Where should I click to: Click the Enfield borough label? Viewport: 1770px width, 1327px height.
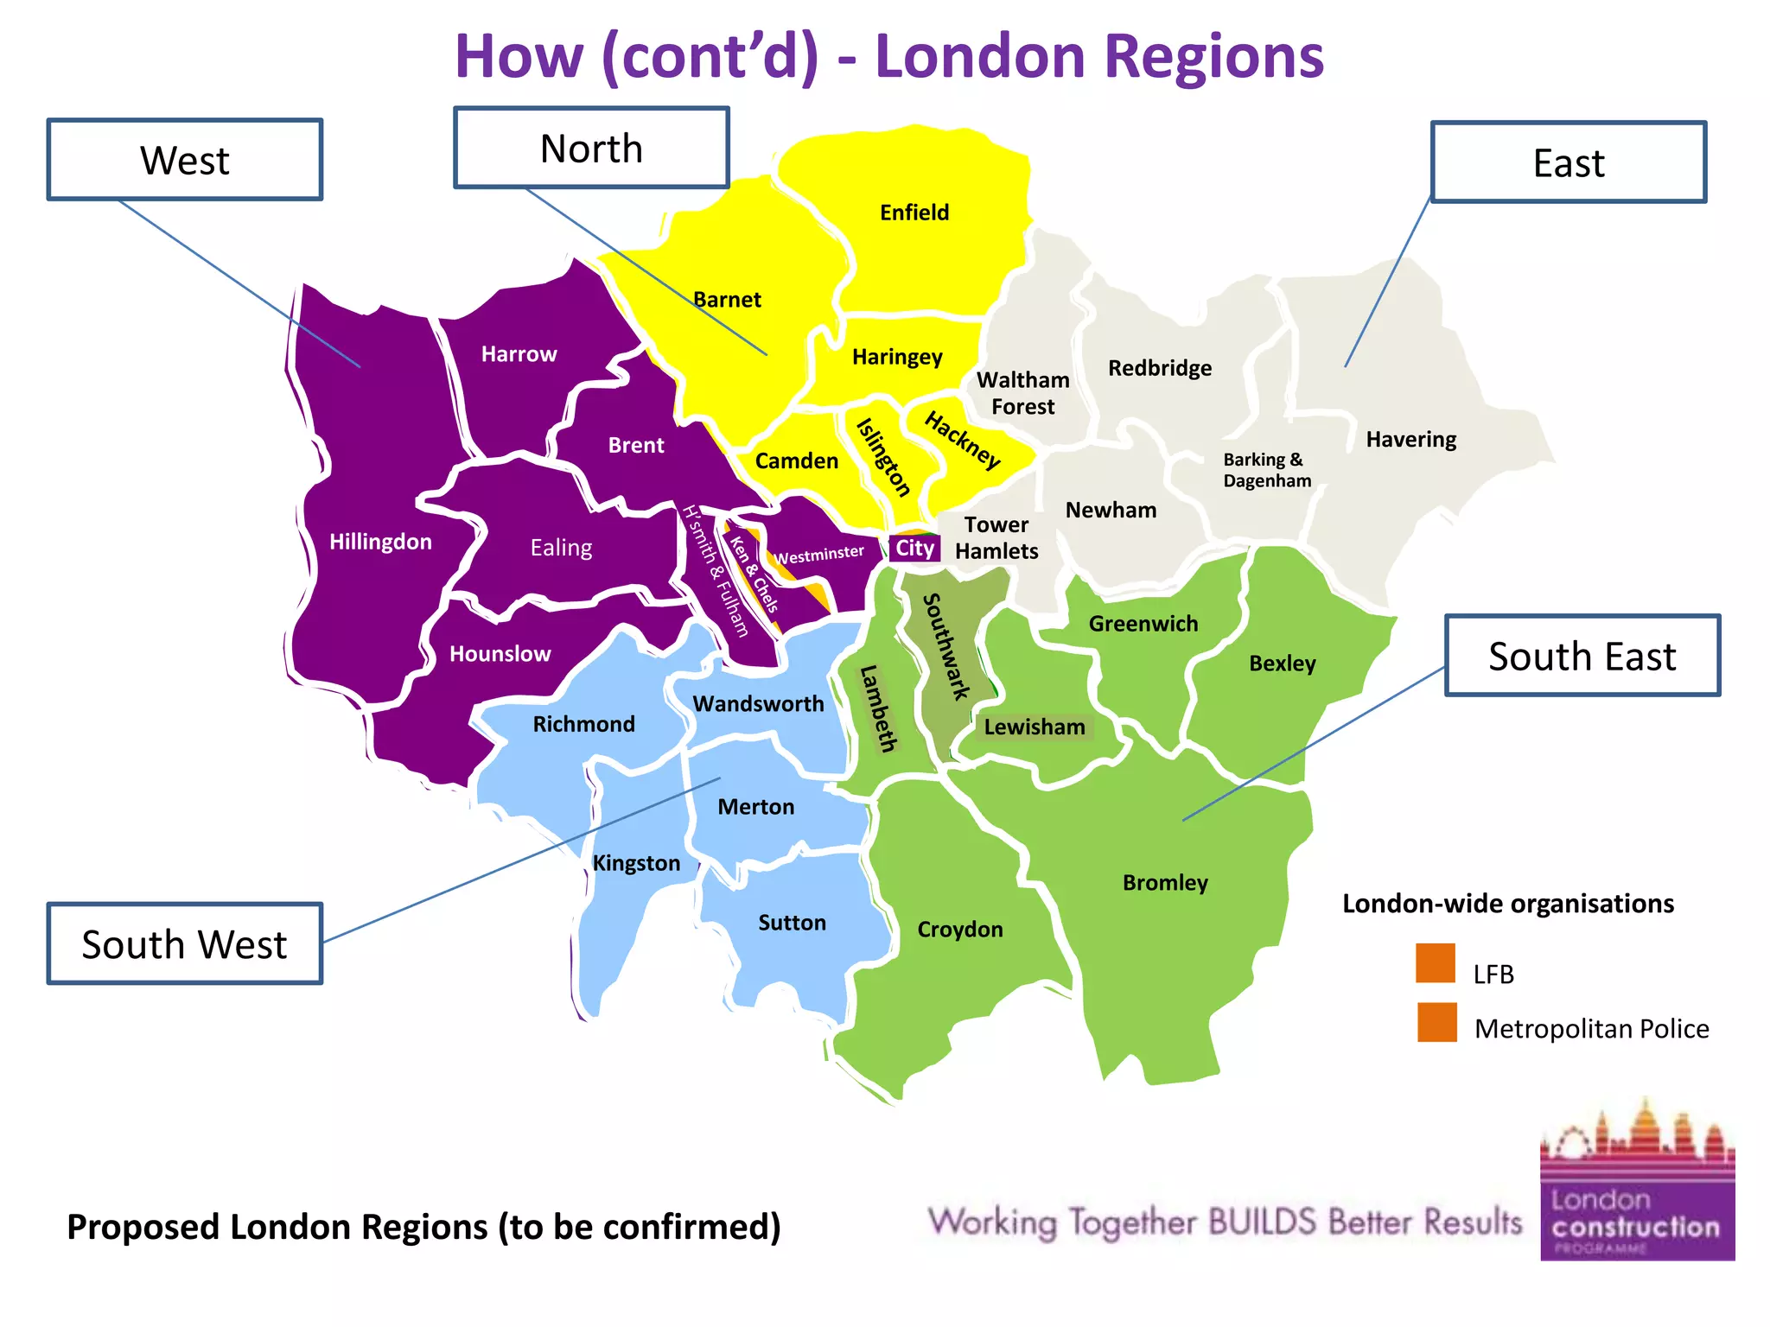click(914, 213)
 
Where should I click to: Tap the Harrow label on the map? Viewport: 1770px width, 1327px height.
click(519, 354)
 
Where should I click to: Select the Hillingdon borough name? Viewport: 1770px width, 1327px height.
click(380, 542)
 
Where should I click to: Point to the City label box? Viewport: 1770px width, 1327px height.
click(914, 549)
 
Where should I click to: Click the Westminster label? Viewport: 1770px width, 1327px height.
click(819, 555)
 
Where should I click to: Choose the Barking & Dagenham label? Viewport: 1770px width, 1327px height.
click(1266, 470)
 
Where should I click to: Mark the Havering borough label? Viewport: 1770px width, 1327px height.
click(1410, 440)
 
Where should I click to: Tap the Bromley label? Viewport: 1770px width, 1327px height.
click(1165, 883)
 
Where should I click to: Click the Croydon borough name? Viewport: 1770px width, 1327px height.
click(960, 930)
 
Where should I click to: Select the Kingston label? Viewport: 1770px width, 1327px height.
click(636, 863)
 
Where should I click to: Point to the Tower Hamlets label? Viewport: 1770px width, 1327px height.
click(996, 537)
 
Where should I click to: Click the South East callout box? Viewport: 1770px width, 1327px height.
click(1582, 656)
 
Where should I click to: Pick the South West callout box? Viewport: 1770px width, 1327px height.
click(184, 944)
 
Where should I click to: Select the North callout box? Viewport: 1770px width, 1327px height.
click(591, 149)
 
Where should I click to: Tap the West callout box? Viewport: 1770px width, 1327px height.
click(184, 161)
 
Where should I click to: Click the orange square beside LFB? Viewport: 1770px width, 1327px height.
click(1436, 963)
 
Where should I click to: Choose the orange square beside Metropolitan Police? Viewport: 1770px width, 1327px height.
click(1436, 1022)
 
